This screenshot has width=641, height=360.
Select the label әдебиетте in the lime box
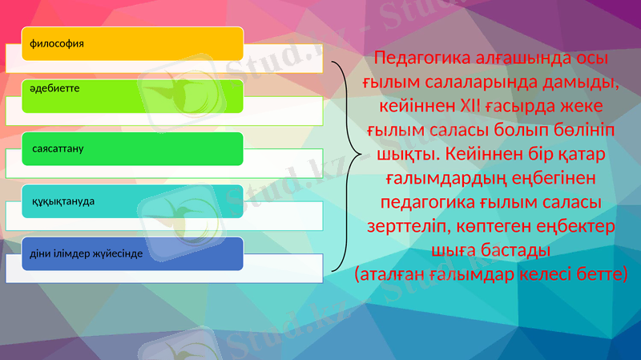click(54, 85)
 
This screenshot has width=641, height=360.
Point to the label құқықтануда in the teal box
click(62, 200)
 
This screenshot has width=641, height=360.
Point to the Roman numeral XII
click(472, 107)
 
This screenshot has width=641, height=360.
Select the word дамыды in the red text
click(576, 83)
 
